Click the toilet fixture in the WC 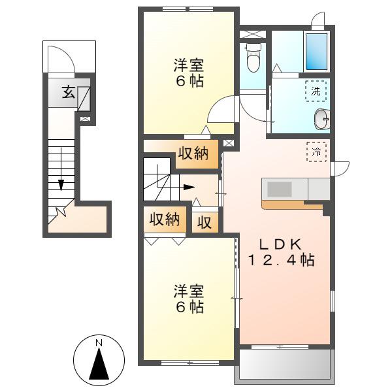coord(253,57)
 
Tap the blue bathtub coord(316,52)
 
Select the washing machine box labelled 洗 coord(316,91)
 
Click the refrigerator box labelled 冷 coord(316,152)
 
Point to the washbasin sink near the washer coord(322,120)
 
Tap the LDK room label coord(281,244)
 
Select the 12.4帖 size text coord(281,260)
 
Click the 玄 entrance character coord(68,91)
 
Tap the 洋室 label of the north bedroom coord(189,65)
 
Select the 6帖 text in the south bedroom coord(189,307)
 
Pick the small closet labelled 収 coord(204,222)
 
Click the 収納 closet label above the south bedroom coord(165,220)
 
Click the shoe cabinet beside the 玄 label coord(84,99)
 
